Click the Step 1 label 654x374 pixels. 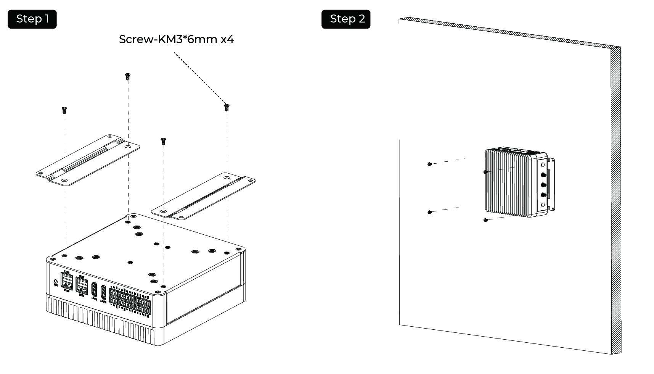[32, 19]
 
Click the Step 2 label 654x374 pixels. [346, 19]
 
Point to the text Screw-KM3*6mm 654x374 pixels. [168, 39]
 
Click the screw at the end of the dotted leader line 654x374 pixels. [227, 107]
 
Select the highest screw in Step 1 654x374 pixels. [128, 76]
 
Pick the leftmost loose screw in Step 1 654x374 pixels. [64, 110]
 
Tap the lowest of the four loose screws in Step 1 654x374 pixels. [163, 141]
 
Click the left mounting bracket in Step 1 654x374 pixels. [88, 160]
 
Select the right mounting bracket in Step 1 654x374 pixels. [203, 196]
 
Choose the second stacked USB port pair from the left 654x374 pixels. [82, 284]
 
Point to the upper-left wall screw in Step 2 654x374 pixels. [429, 164]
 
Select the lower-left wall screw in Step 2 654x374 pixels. [429, 212]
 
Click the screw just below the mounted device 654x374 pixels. [485, 220]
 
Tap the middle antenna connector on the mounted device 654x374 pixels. [543, 185]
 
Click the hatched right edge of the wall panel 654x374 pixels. [615, 198]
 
